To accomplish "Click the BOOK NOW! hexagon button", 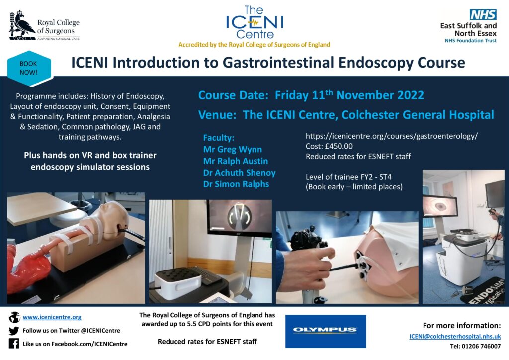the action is (x=29, y=68).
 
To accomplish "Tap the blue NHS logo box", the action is (x=483, y=14).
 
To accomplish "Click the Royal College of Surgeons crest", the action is (x=21, y=26).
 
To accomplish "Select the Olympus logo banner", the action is (x=326, y=331).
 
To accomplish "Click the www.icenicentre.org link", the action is (x=52, y=317).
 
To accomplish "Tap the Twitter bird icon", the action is (x=13, y=331).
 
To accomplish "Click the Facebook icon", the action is (x=13, y=344).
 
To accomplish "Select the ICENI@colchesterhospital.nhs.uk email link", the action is (x=455, y=336).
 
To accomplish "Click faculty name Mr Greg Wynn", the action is (x=233, y=149).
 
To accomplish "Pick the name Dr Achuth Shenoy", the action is (x=239, y=173).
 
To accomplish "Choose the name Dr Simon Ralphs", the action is (x=236, y=184).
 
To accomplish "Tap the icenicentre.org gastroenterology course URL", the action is (x=392, y=136).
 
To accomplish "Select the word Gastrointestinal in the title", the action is (x=278, y=63).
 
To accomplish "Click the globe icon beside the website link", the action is (x=14, y=317).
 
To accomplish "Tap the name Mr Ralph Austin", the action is (x=235, y=161).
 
